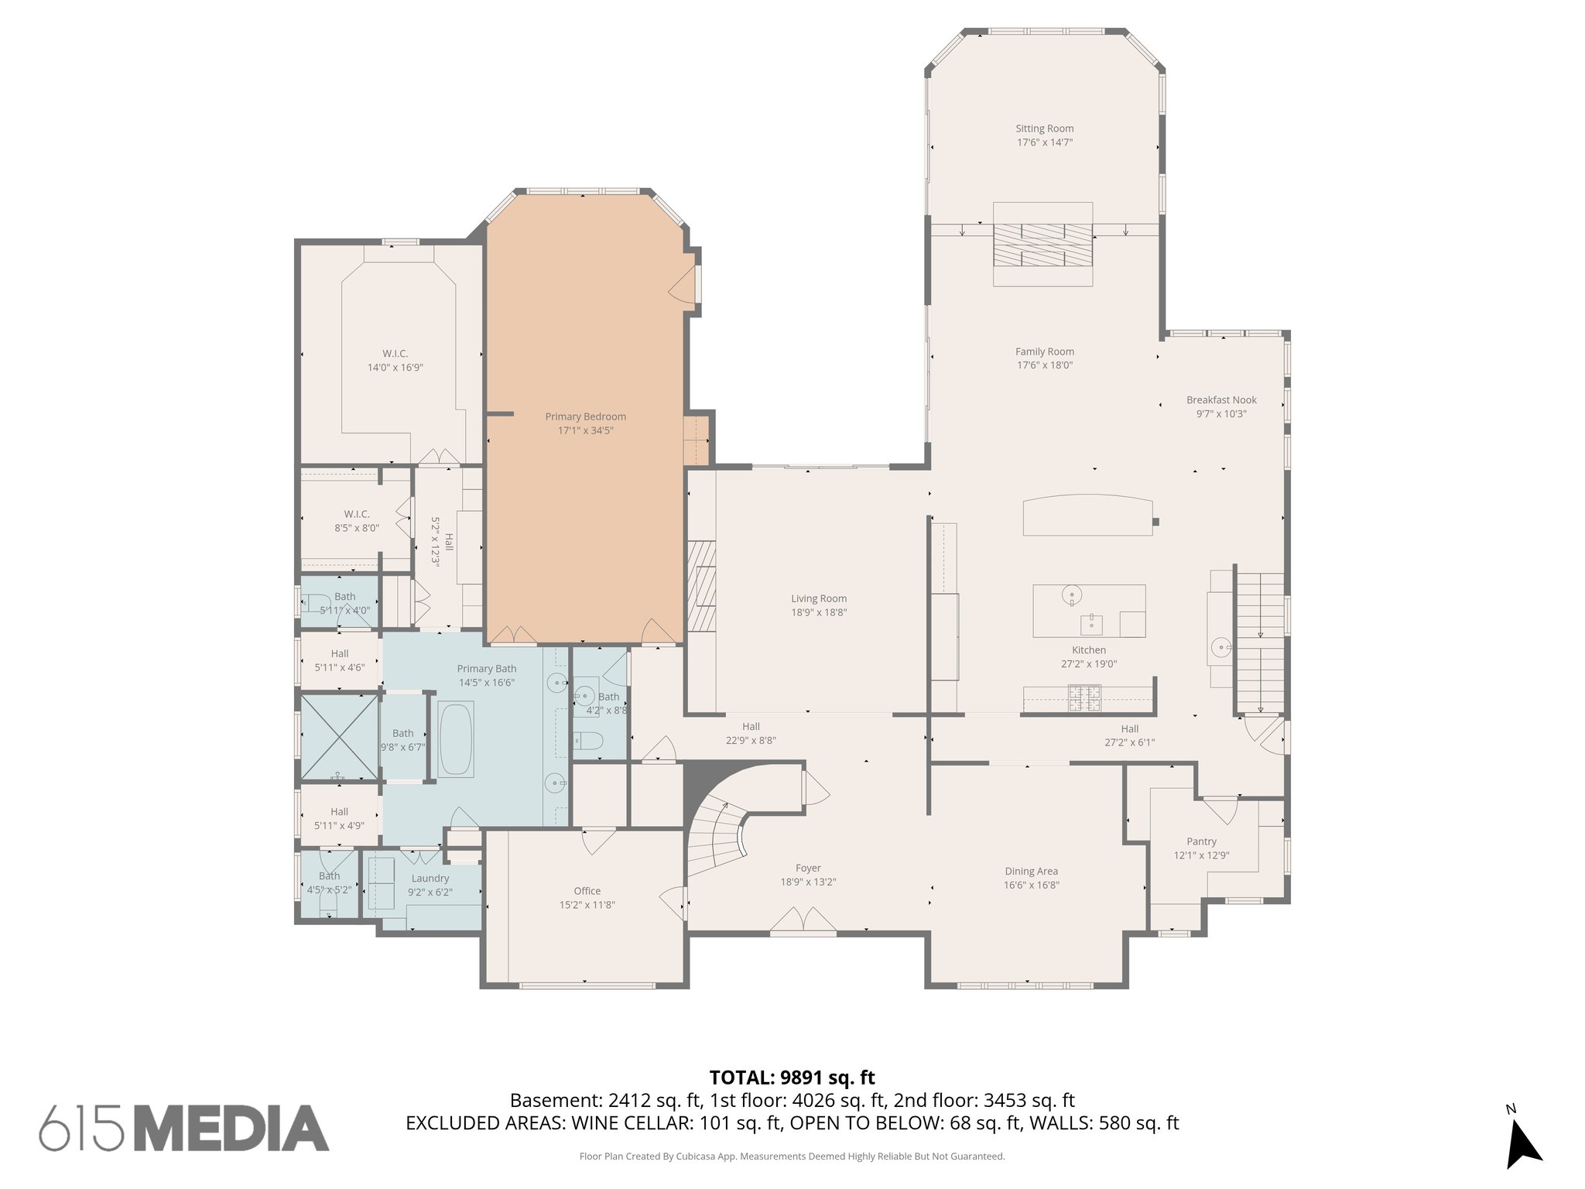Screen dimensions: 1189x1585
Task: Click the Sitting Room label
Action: pyautogui.click(x=1044, y=128)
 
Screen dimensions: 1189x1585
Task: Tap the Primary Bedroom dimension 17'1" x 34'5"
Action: pyautogui.click(x=585, y=430)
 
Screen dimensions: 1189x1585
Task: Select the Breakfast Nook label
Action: pyautogui.click(x=1220, y=400)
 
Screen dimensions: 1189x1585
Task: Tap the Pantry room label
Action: pyautogui.click(x=1201, y=841)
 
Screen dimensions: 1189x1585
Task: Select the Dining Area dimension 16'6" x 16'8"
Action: pyautogui.click(x=1031, y=885)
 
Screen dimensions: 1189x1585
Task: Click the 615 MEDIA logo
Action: pyautogui.click(x=184, y=1128)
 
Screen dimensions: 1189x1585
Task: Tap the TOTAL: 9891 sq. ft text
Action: pyautogui.click(x=792, y=1078)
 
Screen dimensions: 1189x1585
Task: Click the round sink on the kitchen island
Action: pyautogui.click(x=1072, y=594)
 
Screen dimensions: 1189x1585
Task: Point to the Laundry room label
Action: pyautogui.click(x=430, y=878)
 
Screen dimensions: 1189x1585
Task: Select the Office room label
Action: pyautogui.click(x=587, y=891)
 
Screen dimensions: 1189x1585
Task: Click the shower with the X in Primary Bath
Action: pyautogui.click(x=338, y=736)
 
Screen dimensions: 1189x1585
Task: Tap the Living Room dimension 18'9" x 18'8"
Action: pyautogui.click(x=818, y=612)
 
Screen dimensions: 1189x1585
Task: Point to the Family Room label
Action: pyautogui.click(x=1044, y=351)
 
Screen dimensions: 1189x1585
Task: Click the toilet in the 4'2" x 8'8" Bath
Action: pyautogui.click(x=588, y=742)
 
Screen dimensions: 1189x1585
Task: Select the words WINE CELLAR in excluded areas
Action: pyautogui.click(x=632, y=1123)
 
